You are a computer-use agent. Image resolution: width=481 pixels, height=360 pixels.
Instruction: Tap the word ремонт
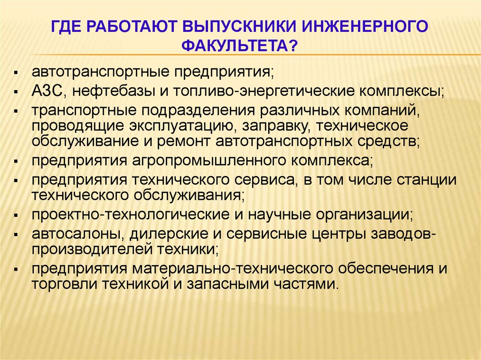[x=184, y=142]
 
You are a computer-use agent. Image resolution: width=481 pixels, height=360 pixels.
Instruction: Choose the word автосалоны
[x=78, y=234]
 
